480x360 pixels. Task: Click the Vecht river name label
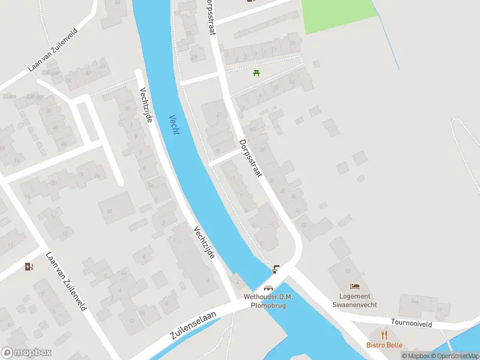coord(174,124)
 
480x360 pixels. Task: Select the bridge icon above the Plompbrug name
coord(268,287)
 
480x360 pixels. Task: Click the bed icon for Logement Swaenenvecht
coord(355,286)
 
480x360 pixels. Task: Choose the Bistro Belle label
coord(385,345)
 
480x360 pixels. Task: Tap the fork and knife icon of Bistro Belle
coord(385,335)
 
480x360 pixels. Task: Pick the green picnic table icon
coord(257,73)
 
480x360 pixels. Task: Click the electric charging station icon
coord(29,267)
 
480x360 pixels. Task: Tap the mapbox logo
coord(26,352)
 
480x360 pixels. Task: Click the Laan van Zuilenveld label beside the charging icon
coord(66,281)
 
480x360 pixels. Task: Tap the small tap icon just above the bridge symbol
coord(276,268)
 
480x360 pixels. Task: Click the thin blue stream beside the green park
coord(387,36)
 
